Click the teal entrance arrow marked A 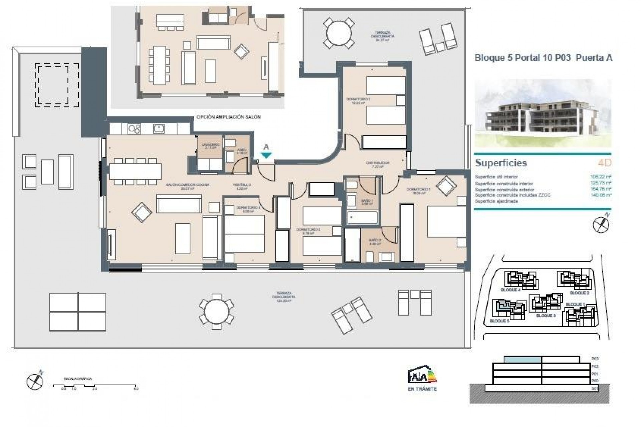pyautogui.click(x=266, y=155)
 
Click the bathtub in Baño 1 pyautogui.click(x=362, y=218)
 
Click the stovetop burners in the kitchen pyautogui.click(x=134, y=129)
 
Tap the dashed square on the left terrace pyautogui.click(x=57, y=85)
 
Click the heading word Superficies pyautogui.click(x=501, y=163)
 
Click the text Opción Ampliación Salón pyautogui.click(x=228, y=117)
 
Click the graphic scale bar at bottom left pyautogui.click(x=95, y=386)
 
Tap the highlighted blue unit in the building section pyautogui.click(x=522, y=360)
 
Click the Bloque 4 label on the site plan pyautogui.click(x=511, y=290)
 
